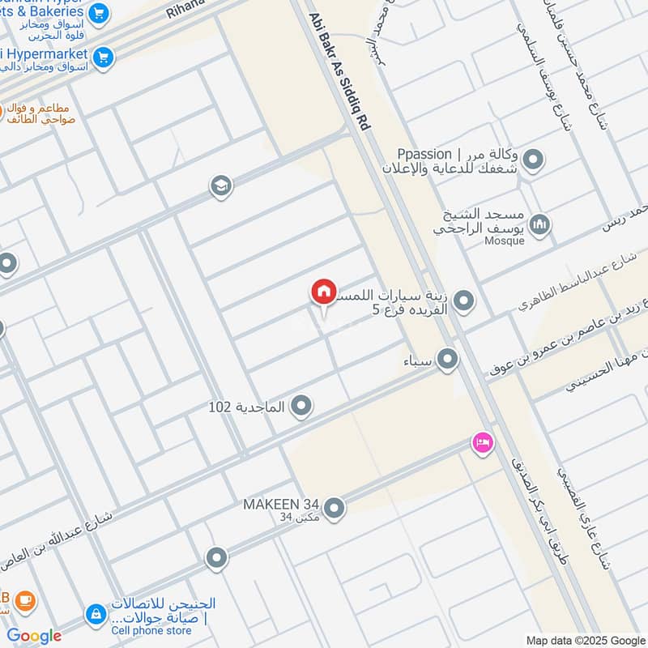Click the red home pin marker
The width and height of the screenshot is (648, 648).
click(323, 292)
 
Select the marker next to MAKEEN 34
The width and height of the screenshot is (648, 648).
click(334, 509)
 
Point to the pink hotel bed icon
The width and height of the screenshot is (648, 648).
click(483, 442)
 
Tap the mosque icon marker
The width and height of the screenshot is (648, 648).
click(539, 224)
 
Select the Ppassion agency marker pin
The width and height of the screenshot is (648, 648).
click(532, 160)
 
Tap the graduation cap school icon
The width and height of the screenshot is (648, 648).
click(220, 187)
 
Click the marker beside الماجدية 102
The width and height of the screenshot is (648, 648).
click(301, 406)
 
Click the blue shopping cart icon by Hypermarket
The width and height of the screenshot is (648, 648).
click(103, 57)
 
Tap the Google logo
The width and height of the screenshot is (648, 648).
click(34, 636)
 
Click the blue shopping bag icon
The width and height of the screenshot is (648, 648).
click(96, 613)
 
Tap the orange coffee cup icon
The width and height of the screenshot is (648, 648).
click(24, 600)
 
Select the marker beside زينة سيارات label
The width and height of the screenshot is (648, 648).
click(464, 303)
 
